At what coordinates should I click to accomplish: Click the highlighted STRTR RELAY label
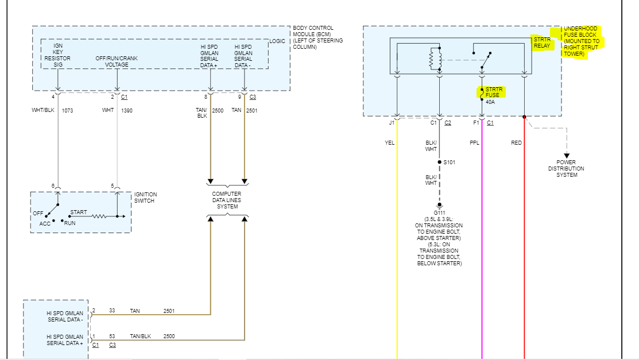tap(541, 43)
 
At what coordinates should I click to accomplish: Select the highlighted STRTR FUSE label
tap(492, 92)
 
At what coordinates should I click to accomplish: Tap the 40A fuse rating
tap(490, 102)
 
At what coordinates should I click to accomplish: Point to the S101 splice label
tap(449, 162)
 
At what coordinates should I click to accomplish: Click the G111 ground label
tap(439, 212)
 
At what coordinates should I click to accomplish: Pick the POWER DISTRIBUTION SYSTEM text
tap(566, 169)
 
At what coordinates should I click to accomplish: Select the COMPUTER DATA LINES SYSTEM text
tap(227, 200)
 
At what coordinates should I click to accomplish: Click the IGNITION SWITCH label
tap(145, 198)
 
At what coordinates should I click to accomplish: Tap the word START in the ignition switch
tap(79, 212)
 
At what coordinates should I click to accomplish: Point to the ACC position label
tap(45, 223)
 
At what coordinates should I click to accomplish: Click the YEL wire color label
tap(389, 143)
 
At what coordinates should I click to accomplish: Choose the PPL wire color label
tap(474, 143)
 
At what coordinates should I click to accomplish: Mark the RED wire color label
tap(517, 143)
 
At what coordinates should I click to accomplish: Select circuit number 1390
tap(127, 110)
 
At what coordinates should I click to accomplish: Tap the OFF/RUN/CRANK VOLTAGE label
tap(117, 61)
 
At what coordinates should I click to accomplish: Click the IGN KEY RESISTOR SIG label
tap(58, 55)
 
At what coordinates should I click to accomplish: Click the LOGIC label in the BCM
tap(277, 41)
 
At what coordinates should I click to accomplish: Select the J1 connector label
tap(392, 122)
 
